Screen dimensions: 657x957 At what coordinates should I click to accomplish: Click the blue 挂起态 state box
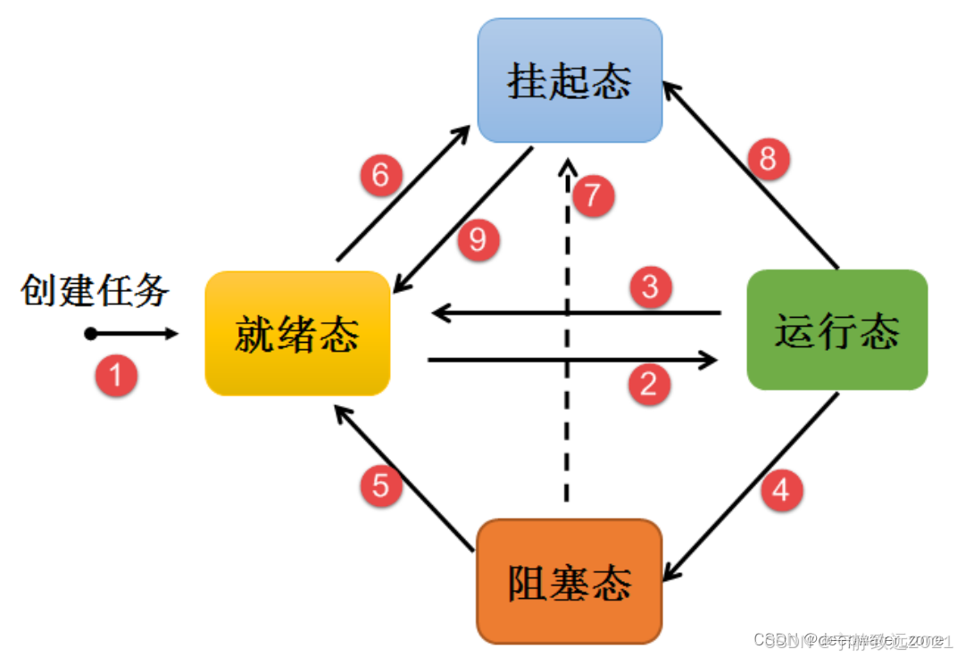coord(570,81)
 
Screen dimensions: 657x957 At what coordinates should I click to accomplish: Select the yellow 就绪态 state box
coord(297,334)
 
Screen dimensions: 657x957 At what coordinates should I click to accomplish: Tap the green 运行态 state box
coord(836,330)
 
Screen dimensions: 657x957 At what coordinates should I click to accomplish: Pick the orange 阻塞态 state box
coord(569,581)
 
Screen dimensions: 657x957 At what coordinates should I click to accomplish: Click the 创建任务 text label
coord(95,291)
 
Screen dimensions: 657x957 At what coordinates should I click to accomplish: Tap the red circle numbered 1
coord(116,374)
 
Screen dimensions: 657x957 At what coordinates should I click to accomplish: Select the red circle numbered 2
coord(649,384)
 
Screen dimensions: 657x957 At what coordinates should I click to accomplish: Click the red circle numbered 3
coord(650,287)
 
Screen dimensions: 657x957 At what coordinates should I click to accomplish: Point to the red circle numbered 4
coord(781,490)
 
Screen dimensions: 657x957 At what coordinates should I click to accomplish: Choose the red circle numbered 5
coord(381,487)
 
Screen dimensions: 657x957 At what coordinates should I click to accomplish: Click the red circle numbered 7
coord(593,195)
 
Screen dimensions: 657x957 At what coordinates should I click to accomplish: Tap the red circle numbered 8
coord(769,160)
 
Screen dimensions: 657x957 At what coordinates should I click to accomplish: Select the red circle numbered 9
coord(478,241)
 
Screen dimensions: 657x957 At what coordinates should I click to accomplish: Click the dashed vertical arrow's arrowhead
coord(567,167)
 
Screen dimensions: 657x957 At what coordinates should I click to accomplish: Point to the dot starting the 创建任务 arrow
coord(90,334)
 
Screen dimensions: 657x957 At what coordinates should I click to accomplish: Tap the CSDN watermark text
coord(853,640)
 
